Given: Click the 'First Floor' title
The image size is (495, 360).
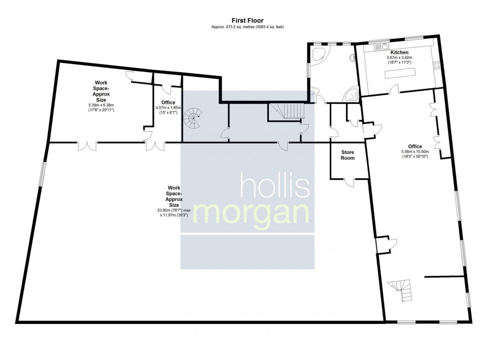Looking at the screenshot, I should [x=247, y=20].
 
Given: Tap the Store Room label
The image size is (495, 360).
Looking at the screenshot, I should [x=347, y=155].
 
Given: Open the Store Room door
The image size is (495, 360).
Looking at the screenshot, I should [x=349, y=181].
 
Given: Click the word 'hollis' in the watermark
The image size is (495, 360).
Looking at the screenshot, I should [x=275, y=185].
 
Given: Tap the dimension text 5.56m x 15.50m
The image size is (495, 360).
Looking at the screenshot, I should [x=414, y=152].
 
